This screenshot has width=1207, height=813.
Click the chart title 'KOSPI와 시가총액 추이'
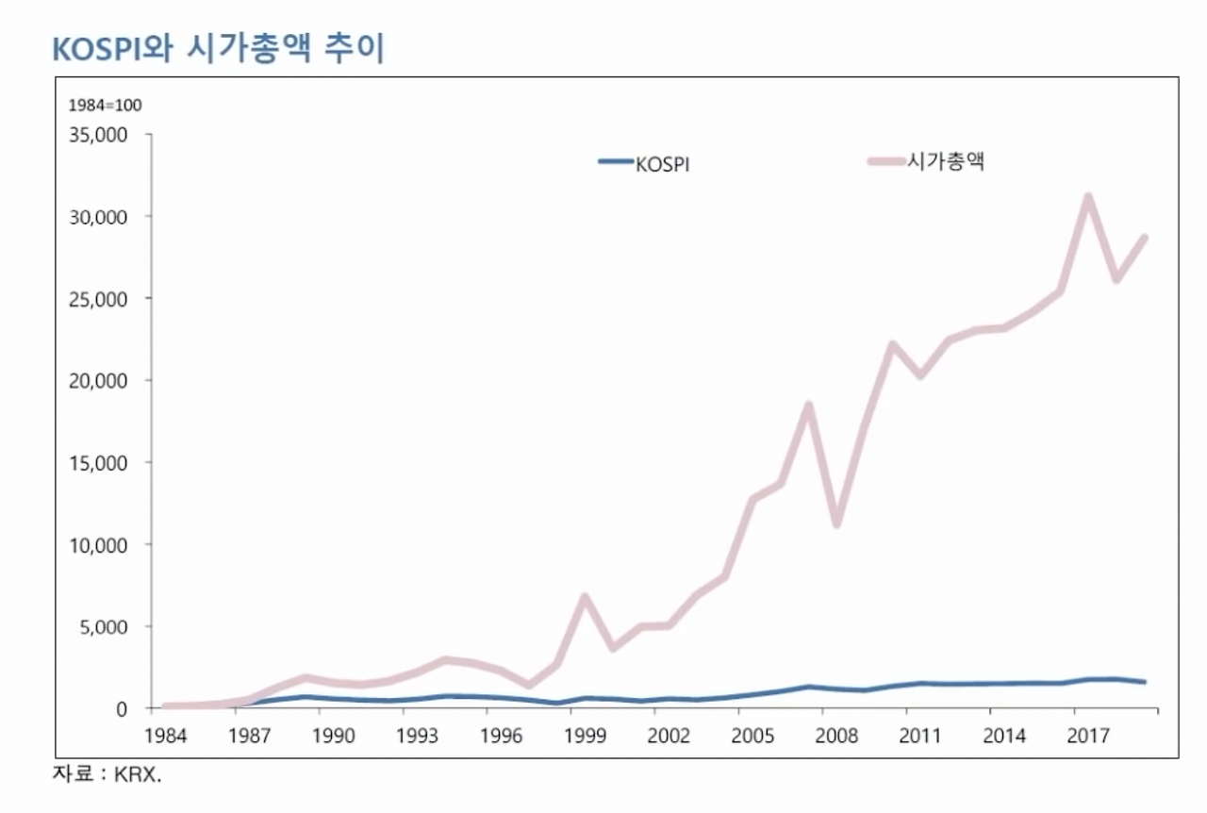coord(218,48)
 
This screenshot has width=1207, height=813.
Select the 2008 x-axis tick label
coord(836,735)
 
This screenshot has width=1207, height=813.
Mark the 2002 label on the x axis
coord(669,735)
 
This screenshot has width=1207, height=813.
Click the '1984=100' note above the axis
coord(105,105)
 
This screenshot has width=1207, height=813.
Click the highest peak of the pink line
coord(1088,197)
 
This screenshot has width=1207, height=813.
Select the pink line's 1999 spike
coord(585,597)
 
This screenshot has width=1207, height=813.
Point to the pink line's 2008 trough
coord(836,523)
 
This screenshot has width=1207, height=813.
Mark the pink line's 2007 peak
coord(808,406)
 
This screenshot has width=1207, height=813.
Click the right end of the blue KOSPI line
coord(1145,681)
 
